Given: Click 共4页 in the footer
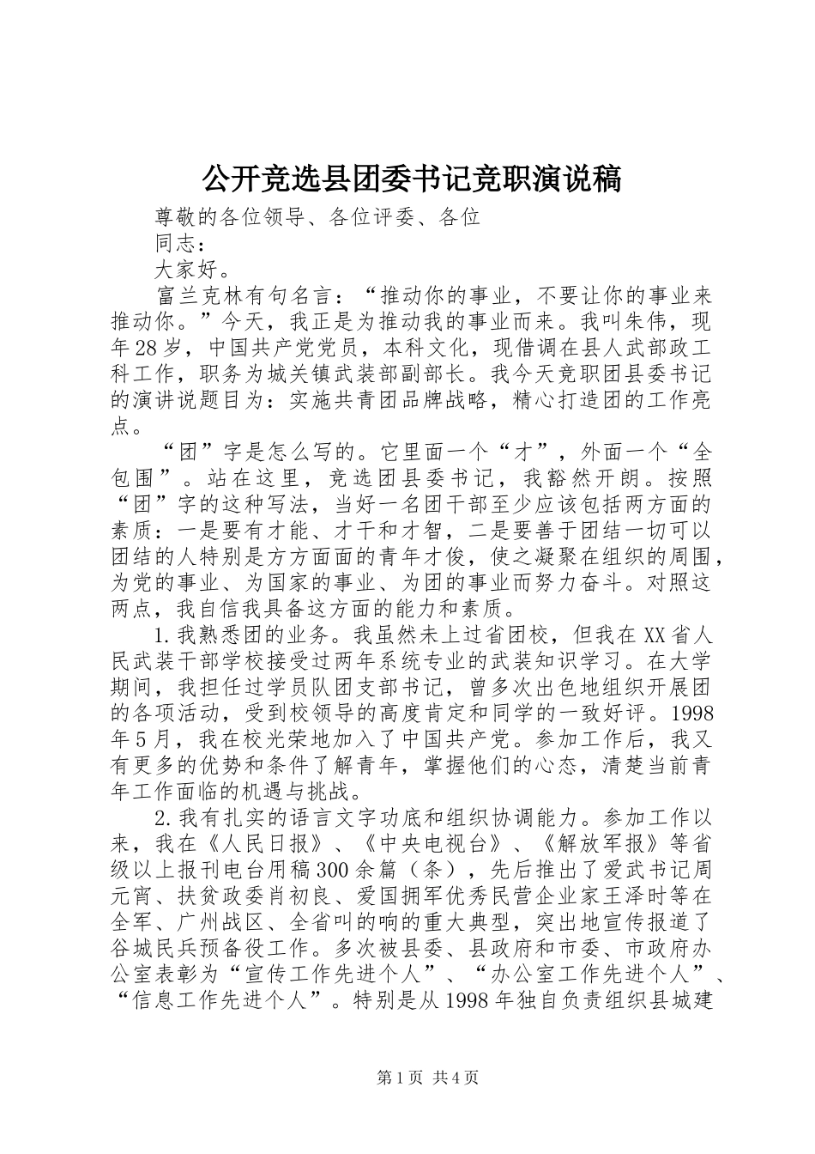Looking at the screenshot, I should coord(456,1102).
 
